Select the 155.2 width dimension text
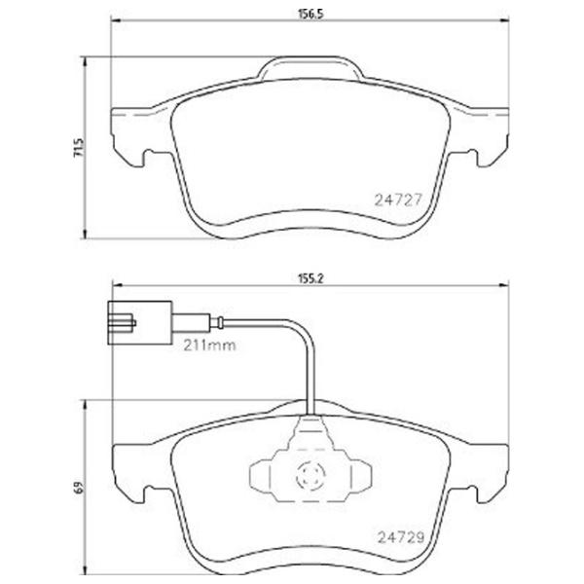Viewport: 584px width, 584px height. (x=310, y=277)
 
